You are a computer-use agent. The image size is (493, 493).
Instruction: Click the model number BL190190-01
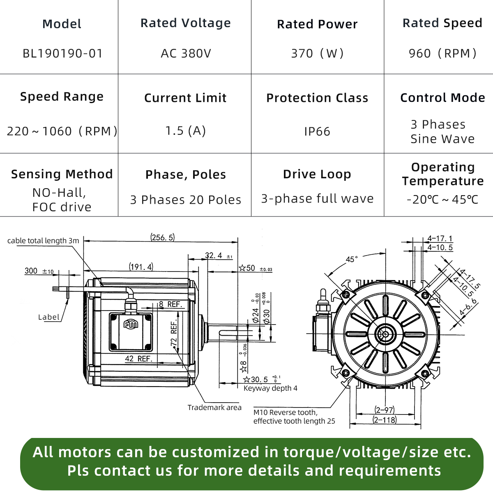62,53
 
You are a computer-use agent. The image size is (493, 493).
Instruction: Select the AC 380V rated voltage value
186,53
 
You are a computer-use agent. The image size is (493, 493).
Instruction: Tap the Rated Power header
317,24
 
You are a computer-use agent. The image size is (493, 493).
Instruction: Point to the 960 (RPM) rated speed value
442,53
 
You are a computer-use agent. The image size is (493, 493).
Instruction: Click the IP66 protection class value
317,131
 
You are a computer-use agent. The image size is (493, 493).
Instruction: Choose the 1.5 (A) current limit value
185,131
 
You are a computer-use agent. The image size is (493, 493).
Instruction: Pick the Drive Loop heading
317,174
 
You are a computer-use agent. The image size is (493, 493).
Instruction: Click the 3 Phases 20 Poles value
186,200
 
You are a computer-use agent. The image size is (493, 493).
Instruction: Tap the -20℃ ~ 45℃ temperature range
442,200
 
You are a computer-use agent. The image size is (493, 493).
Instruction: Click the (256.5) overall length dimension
162,237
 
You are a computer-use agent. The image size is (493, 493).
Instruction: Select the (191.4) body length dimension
141,267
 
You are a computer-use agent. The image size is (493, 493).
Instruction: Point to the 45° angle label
352,259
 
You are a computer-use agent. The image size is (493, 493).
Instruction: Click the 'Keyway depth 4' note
270,388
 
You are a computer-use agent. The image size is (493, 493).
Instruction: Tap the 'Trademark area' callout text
214,408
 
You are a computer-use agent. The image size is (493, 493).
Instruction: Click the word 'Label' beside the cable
49,317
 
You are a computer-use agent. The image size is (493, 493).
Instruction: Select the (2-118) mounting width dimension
385,420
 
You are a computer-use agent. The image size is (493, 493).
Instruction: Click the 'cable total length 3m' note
43,241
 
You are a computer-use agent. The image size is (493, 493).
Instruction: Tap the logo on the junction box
131,325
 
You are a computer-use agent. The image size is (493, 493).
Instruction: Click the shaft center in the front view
385,334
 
